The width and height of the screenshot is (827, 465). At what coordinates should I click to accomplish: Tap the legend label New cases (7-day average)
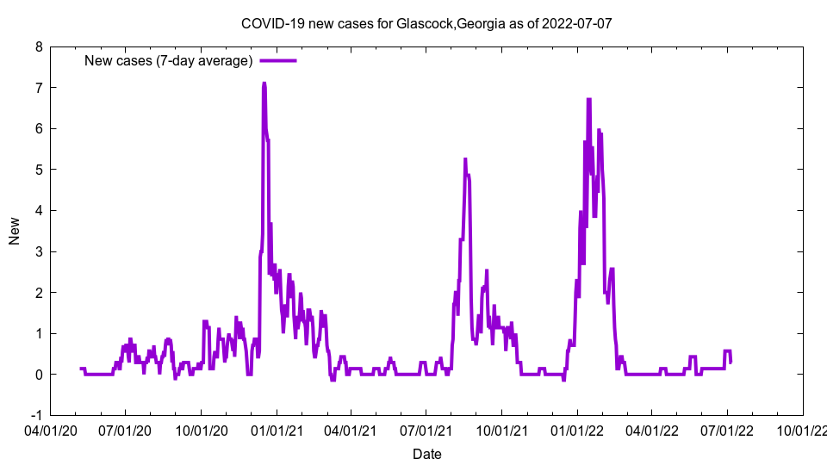coord(168,60)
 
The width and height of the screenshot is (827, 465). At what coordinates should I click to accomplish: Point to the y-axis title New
coord(15,231)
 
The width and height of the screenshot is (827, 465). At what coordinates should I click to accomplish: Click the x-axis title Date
coord(427,453)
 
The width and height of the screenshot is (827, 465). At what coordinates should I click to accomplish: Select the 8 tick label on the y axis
coord(40,46)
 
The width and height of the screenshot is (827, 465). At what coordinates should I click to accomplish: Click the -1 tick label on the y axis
coord(37,415)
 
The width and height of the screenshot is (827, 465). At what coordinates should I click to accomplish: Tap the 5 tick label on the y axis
coord(40,170)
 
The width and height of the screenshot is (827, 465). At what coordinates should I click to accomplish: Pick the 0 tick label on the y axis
coord(40,375)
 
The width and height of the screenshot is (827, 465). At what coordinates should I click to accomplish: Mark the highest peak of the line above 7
coord(264,84)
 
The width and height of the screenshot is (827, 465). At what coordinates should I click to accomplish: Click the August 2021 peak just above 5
coord(465,159)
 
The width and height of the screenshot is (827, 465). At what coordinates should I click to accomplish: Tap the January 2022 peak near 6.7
coord(589,99)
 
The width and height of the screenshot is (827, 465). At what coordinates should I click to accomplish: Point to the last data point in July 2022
coord(731,362)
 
